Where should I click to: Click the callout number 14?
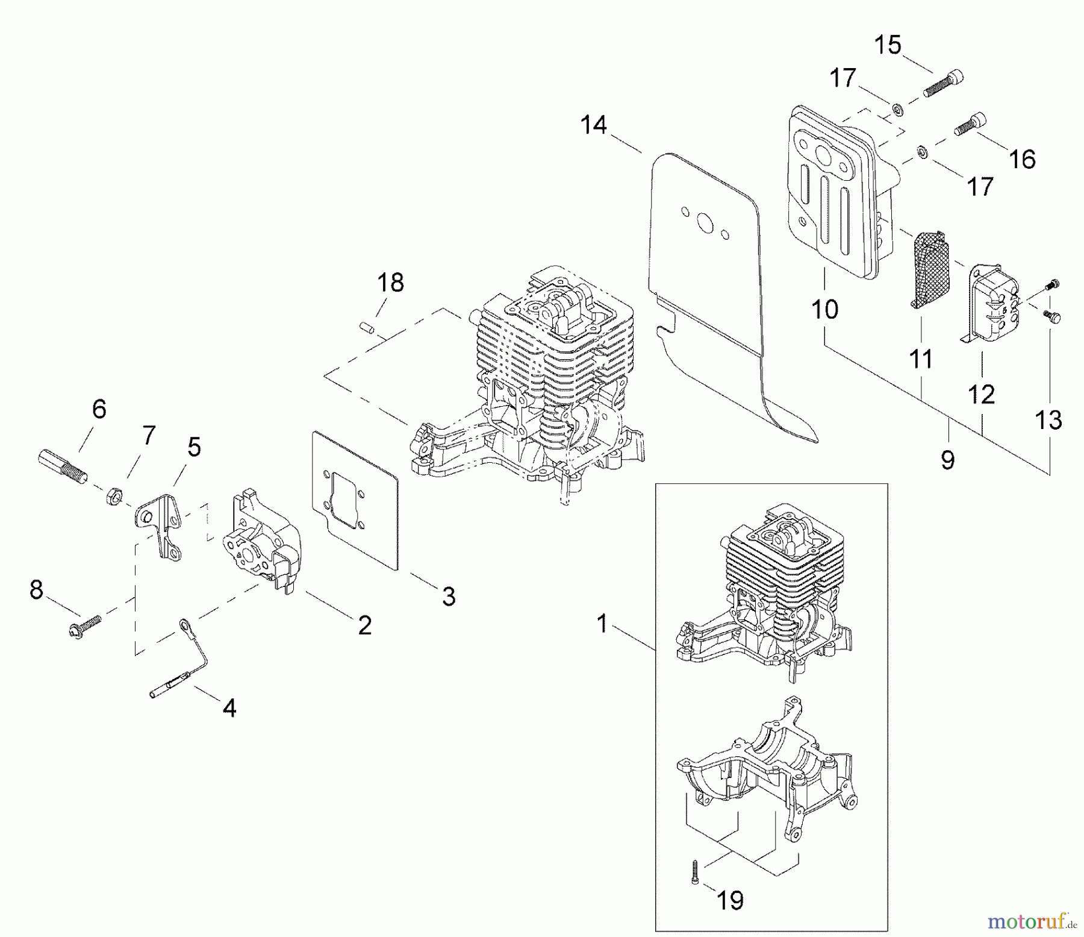point(593,125)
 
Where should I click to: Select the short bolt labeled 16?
point(970,124)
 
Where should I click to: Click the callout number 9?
point(947,460)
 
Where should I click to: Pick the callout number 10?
point(824,310)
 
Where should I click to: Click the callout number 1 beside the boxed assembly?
point(602,623)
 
